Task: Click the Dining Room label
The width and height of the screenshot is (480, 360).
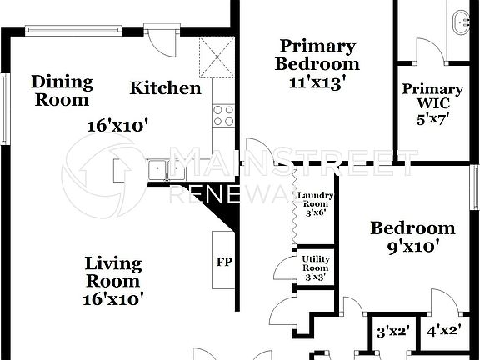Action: coord(61,91)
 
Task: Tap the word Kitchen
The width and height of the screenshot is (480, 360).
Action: coord(165,88)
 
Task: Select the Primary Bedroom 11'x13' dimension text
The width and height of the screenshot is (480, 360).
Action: coord(317,82)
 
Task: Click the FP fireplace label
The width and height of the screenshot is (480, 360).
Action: coord(224,262)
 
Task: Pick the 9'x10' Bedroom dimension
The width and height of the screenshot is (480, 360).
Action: coord(413,247)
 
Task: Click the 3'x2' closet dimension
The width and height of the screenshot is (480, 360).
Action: coord(393,331)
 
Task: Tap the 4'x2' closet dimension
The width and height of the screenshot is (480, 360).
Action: coord(443,330)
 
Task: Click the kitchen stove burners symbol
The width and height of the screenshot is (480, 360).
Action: coord(222,116)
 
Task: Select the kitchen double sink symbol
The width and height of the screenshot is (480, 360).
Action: coord(167,170)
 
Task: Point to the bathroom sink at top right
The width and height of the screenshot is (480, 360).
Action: coord(461,21)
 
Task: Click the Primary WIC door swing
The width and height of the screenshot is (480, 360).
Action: coord(429,47)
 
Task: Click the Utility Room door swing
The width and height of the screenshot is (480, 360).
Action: coord(287,268)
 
